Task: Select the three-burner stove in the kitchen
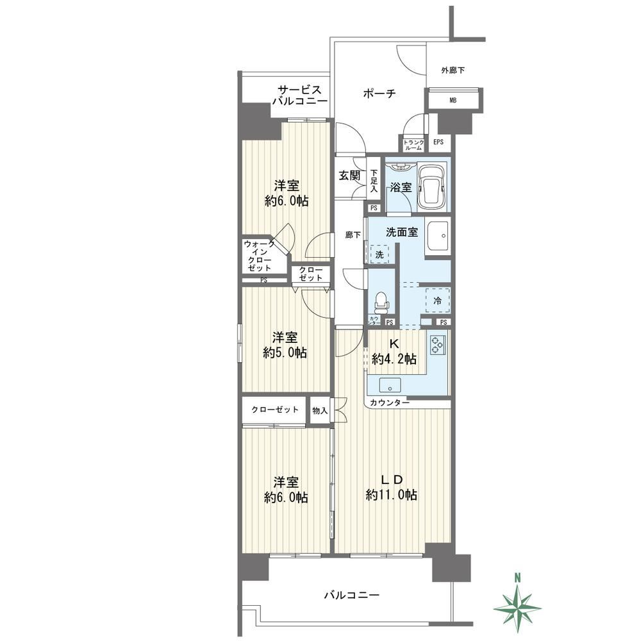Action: coord(438,345)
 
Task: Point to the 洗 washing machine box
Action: coord(379,254)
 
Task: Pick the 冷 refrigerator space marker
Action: coord(437,301)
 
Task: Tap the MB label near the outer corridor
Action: coord(453,100)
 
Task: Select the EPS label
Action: coord(438,142)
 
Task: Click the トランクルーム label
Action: coord(413,145)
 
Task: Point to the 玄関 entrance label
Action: coord(349,176)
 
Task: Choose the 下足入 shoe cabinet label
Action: coord(374,181)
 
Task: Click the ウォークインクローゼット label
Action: coord(259,256)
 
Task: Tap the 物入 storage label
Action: coord(320,410)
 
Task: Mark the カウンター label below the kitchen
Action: coord(390,403)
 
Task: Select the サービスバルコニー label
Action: coord(299,96)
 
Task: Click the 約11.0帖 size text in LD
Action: coord(392,495)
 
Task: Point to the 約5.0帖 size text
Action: coord(285,353)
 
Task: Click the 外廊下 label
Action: coord(453,71)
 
